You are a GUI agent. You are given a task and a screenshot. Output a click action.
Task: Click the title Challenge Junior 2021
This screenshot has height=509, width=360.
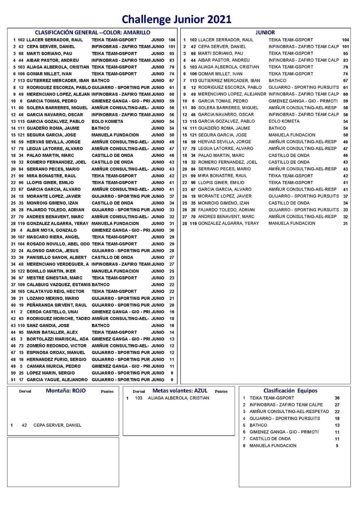(176, 19)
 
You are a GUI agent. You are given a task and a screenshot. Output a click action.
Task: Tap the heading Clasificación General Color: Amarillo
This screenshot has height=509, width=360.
(92, 32)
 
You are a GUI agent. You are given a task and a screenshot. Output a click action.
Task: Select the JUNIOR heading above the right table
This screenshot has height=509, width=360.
(265, 32)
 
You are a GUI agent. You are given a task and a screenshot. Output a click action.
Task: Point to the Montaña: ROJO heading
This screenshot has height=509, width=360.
(66, 391)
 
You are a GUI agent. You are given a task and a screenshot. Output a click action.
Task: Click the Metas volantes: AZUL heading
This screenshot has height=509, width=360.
(180, 391)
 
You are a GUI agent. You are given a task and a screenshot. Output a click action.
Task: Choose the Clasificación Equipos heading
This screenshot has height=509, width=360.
(290, 391)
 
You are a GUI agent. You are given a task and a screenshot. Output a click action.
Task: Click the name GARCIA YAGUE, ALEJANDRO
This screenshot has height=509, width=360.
(57, 380)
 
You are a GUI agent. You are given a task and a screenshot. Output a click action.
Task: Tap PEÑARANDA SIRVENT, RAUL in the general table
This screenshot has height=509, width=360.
(57, 305)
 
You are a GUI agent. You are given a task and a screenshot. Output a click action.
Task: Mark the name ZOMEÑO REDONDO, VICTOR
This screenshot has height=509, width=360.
(56, 346)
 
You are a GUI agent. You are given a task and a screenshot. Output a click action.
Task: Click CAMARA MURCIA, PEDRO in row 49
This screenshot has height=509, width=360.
(54, 366)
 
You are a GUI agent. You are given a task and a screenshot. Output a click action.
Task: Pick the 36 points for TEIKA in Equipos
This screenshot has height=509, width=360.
(337, 398)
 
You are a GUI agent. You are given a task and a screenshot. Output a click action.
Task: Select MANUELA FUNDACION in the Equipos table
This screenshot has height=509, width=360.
(273, 446)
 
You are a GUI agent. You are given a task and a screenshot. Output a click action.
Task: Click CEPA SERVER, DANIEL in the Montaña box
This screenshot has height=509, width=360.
(57, 425)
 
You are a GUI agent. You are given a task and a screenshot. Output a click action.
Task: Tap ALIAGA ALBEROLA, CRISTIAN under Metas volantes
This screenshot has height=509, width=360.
(179, 398)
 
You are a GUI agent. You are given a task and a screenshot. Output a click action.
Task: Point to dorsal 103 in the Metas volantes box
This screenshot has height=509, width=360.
(139, 398)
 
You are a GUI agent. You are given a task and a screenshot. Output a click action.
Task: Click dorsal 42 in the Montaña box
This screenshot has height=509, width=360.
(24, 425)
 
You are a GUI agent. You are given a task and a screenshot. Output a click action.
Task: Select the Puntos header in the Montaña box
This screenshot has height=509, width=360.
(107, 391)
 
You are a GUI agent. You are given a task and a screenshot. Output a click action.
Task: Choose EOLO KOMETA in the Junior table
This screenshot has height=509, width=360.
(284, 121)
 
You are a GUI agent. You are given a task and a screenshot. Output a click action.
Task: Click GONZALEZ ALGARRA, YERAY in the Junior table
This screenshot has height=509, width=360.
(228, 223)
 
